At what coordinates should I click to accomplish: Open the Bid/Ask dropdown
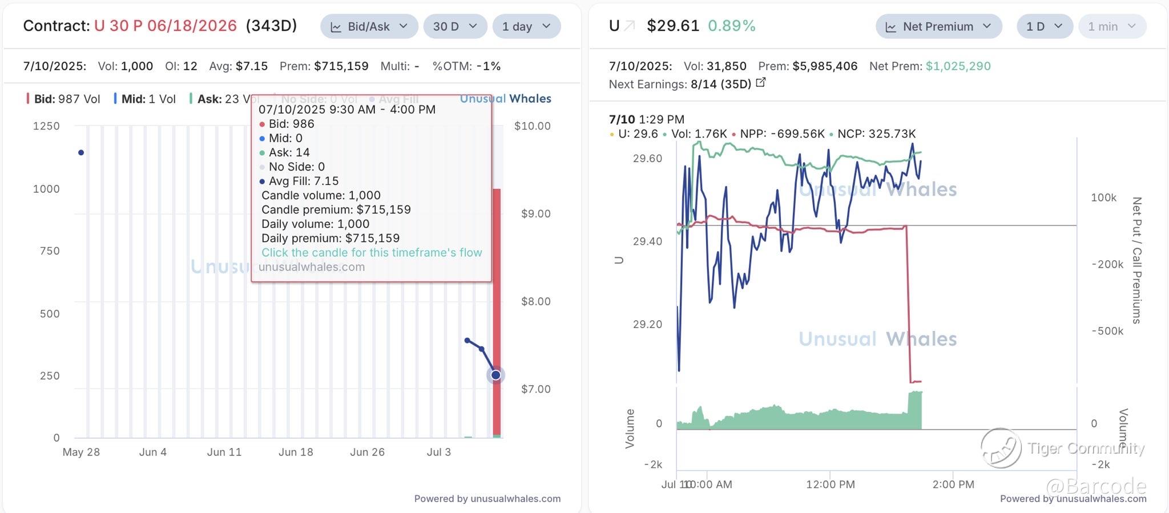pos(369,26)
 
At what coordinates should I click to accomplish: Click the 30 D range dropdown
pos(455,26)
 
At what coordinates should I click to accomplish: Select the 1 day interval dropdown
pos(526,26)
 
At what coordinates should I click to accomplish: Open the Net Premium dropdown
pos(938,26)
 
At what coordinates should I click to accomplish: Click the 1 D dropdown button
pos(1044,26)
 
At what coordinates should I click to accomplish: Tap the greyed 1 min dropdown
pos(1111,26)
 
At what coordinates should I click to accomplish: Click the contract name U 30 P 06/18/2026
pos(166,26)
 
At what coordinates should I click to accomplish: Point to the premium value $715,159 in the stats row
pos(341,66)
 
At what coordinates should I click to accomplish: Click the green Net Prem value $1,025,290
pos(958,66)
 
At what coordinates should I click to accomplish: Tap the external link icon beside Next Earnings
pos(761,83)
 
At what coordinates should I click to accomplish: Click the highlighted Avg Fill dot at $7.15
pos(495,375)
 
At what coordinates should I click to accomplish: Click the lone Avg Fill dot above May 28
pos(81,152)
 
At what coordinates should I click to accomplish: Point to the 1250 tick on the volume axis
pos(46,126)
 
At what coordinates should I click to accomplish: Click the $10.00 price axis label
pos(532,126)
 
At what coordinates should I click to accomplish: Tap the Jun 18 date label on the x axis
pos(296,452)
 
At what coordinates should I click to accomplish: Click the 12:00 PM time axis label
pos(830,484)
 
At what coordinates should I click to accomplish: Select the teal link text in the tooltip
pos(372,252)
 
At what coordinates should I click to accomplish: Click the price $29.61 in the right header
pos(672,26)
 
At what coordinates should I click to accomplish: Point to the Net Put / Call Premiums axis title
pos(1136,260)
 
